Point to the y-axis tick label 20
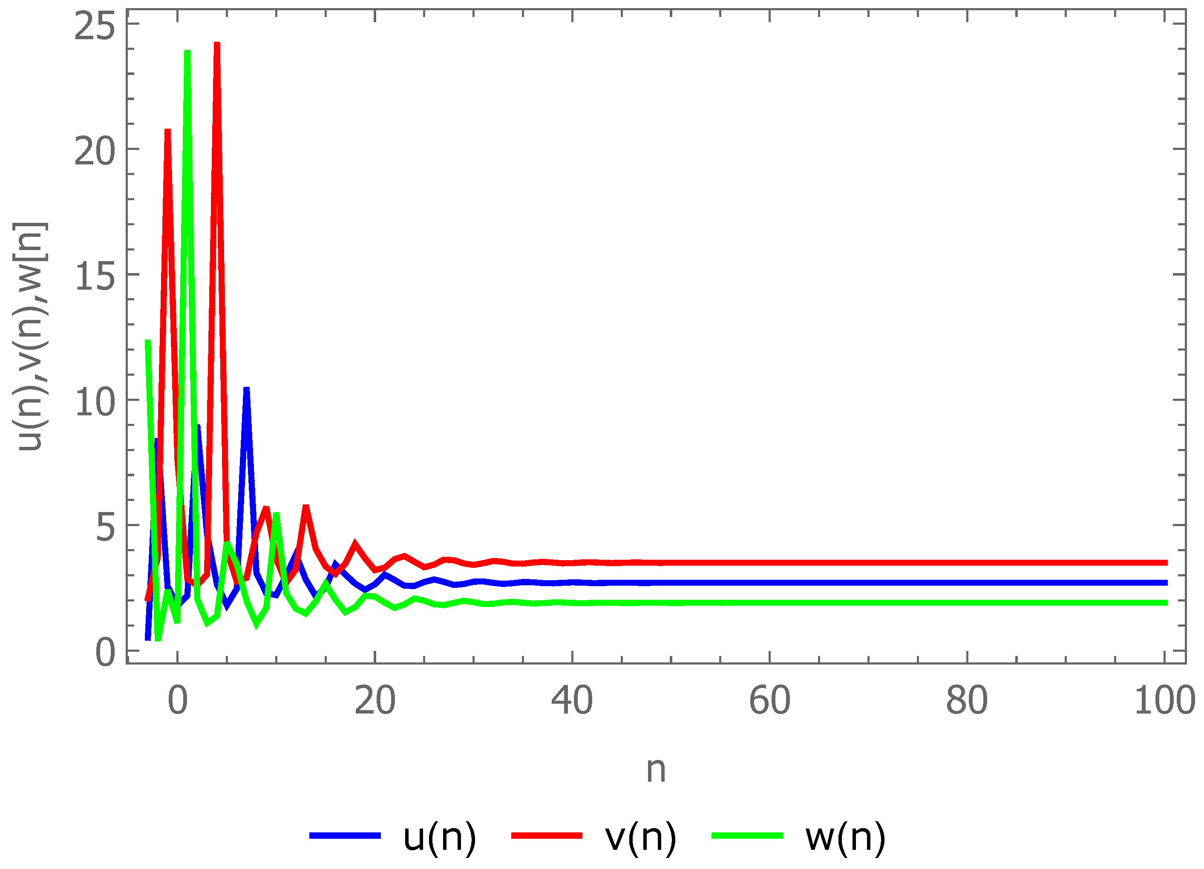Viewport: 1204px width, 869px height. [x=95, y=151]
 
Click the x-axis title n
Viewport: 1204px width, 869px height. [x=656, y=770]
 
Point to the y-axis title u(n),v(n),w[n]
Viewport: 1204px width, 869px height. [x=31, y=337]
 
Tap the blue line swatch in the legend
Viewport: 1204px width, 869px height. [x=345, y=835]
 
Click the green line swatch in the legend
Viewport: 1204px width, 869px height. [x=747, y=835]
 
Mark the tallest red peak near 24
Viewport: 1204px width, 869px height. [x=216, y=45]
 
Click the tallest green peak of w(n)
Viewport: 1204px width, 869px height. [x=187, y=53]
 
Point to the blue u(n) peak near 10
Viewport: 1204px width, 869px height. [x=246, y=390]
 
